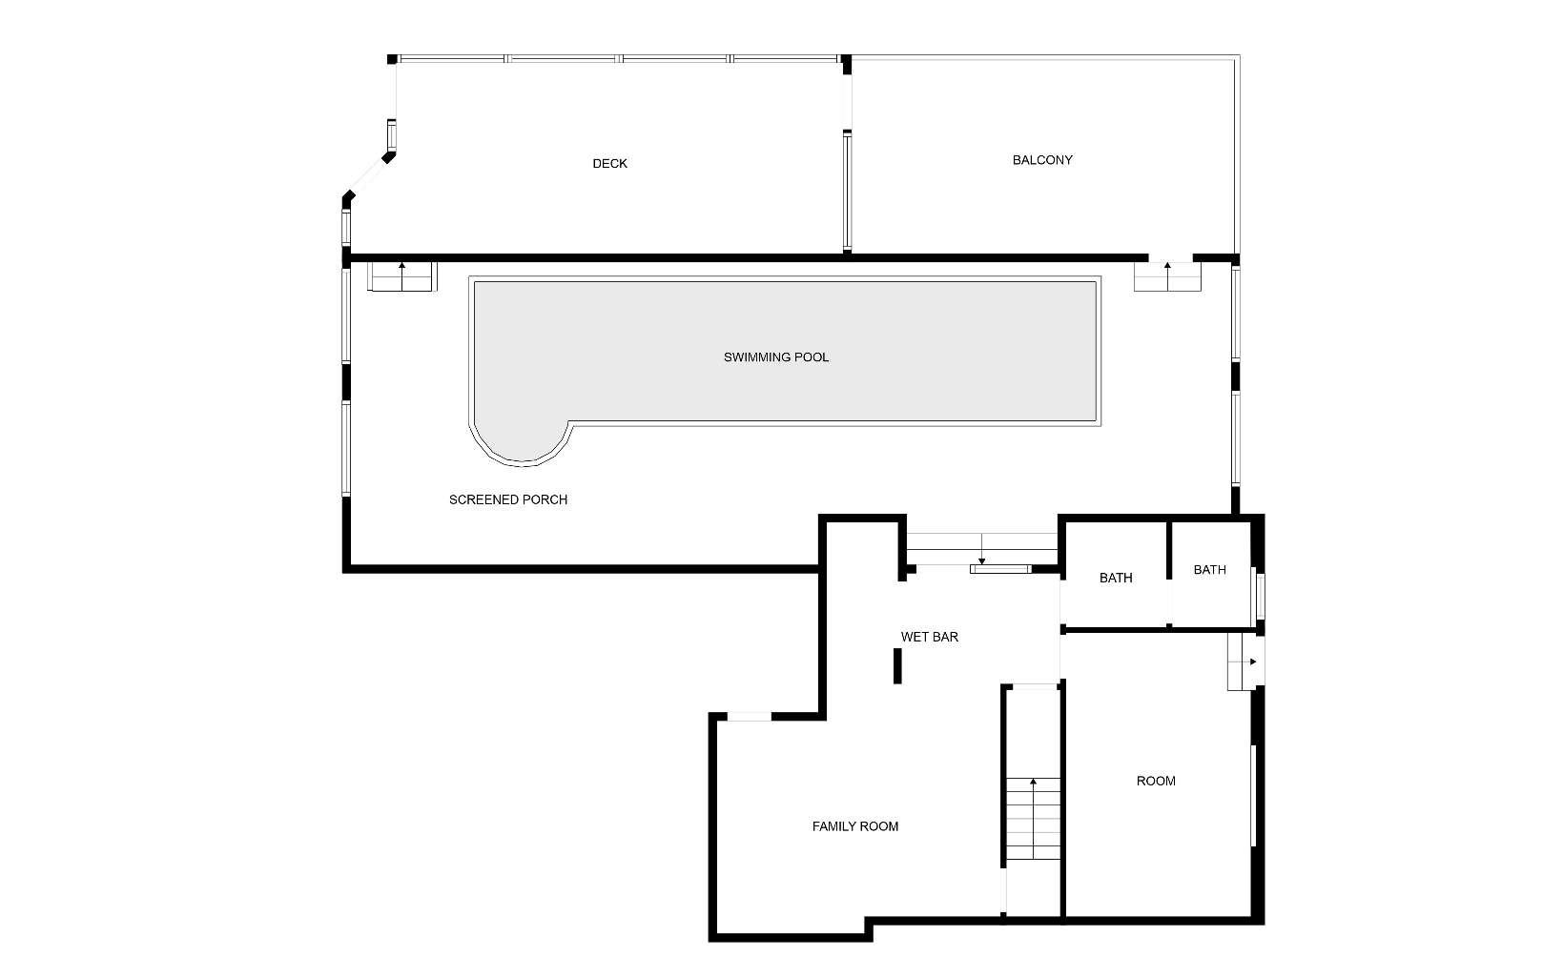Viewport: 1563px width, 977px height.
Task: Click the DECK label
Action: (610, 164)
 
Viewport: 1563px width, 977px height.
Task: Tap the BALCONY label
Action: (1042, 160)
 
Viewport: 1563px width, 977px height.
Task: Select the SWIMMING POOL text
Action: (776, 357)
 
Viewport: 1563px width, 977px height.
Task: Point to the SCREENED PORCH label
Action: (508, 500)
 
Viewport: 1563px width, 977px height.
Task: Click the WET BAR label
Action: (930, 638)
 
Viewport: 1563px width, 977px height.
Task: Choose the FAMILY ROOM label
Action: (854, 827)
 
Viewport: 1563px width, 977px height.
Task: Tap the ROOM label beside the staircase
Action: (1156, 782)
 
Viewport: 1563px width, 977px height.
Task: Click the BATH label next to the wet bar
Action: (1116, 579)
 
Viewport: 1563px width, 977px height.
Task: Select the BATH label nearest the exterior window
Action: (1209, 570)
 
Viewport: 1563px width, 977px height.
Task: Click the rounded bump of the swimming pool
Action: (522, 446)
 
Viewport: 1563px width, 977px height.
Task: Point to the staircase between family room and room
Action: (1033, 818)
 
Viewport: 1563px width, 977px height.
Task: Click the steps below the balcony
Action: (1167, 276)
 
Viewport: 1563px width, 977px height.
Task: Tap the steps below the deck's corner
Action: (401, 276)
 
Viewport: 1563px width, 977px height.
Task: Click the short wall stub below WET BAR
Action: (898, 666)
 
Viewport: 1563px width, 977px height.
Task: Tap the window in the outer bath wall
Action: (1261, 596)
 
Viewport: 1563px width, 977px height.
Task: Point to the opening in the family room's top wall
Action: (750, 716)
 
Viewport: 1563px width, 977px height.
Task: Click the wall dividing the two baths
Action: (1169, 574)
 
